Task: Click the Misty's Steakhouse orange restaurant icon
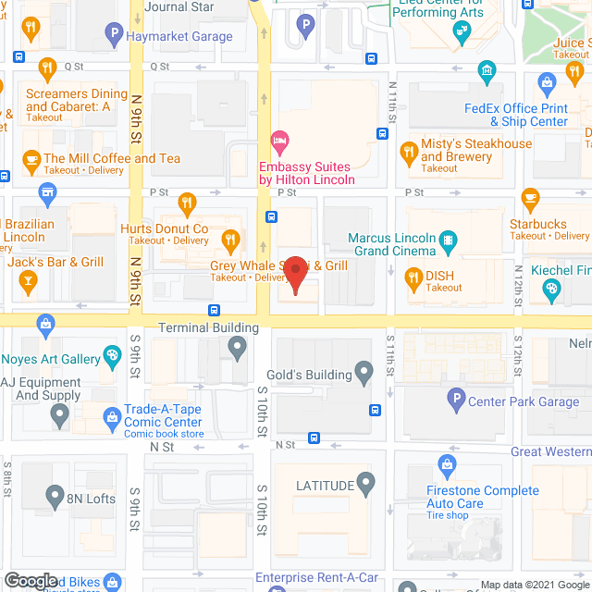[408, 151]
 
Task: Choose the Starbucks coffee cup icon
[530, 197]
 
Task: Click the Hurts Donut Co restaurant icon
[188, 203]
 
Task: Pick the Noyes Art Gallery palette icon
[113, 356]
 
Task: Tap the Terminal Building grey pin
[238, 348]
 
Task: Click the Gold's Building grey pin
[364, 375]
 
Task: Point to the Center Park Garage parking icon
[454, 401]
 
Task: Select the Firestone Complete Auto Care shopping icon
[448, 463]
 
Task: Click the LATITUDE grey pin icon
[367, 484]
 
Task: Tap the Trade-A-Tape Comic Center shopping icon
[113, 415]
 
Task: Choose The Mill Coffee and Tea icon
[31, 158]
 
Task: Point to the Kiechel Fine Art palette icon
[552, 290]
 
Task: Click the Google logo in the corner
[31, 581]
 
